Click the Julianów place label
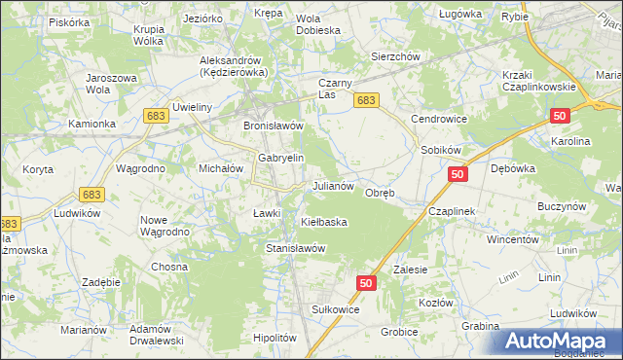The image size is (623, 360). tap(338, 185)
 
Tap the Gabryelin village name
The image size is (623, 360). tap(281, 158)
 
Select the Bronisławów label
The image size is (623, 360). tap(274, 126)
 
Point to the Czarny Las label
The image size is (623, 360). tap(341, 89)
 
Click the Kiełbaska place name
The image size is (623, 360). tap(324, 223)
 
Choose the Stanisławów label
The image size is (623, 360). tap(296, 248)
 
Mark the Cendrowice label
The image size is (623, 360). tap(439, 119)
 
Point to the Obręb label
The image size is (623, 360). tap(379, 193)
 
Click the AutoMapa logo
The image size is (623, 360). tap(562, 341)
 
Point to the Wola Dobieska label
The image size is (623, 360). tap(317, 23)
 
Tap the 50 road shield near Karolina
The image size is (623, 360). tap(559, 116)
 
